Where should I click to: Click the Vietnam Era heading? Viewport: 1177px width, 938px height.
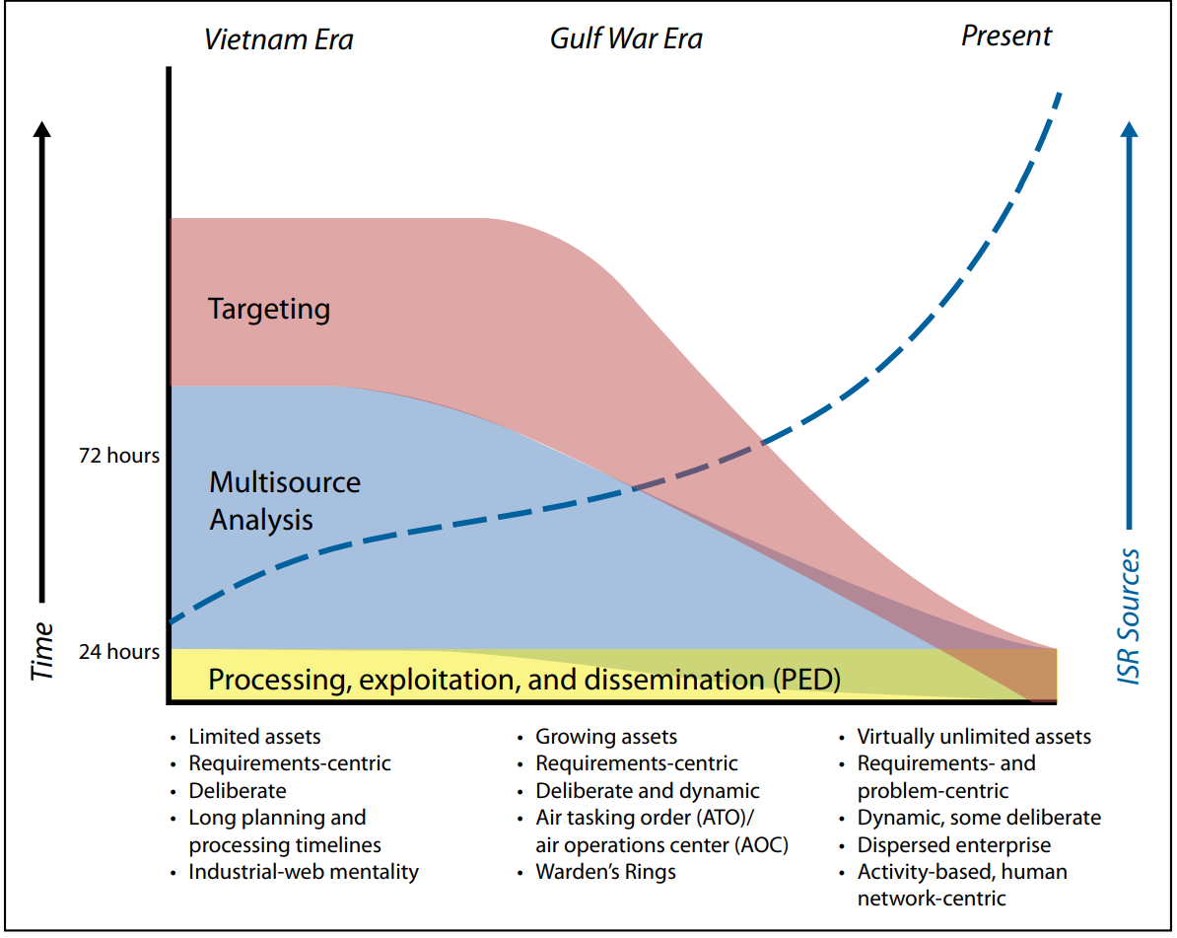pos(279,39)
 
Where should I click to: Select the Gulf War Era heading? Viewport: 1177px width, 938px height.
pos(626,39)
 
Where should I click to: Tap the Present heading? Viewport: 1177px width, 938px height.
pos(1006,36)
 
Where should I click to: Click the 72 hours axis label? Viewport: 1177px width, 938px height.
pos(119,455)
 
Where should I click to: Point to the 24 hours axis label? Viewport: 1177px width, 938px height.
pos(119,651)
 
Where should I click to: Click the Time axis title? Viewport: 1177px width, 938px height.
pos(42,651)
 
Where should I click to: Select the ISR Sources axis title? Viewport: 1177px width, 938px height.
pos(1129,616)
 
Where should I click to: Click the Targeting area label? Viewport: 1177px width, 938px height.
pos(269,310)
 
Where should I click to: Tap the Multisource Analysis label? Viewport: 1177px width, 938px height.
pos(285,500)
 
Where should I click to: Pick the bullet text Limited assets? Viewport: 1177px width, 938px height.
pos(254,737)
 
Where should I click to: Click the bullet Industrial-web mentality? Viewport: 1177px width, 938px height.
pos(304,872)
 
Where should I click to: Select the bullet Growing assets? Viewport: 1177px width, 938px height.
pos(606,737)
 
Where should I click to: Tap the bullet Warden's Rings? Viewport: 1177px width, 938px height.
pos(606,872)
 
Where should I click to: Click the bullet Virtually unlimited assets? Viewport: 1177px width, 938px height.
pos(974,737)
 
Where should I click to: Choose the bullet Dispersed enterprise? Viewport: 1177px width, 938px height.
pos(954,845)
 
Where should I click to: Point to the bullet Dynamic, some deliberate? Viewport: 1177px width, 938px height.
pos(980,817)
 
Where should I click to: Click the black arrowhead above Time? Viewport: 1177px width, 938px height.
pos(42,129)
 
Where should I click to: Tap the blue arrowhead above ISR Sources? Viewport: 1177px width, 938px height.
pos(1129,129)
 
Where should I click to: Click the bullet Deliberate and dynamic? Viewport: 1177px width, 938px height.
pos(647,791)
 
